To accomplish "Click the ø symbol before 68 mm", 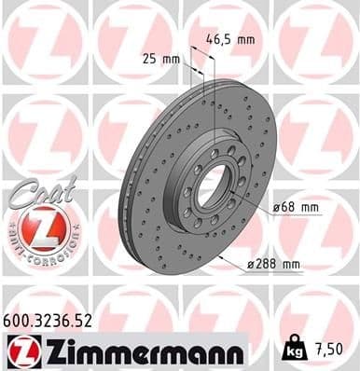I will pyautogui.click(x=276, y=206).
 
